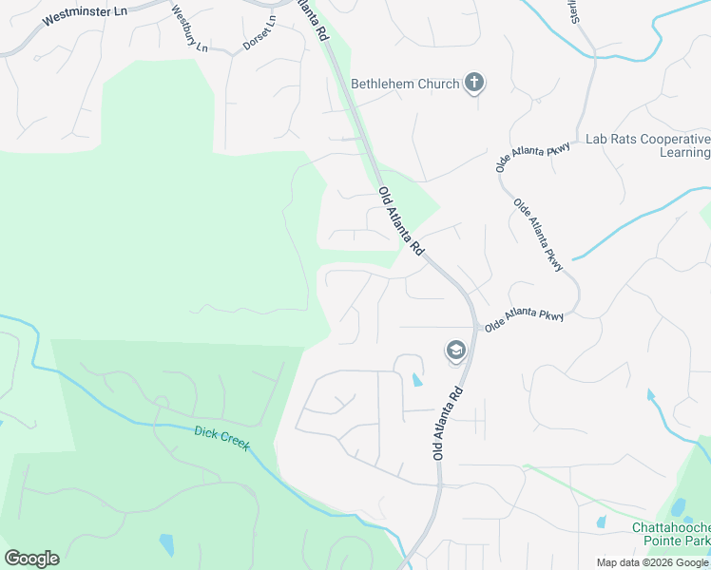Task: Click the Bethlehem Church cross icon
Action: tap(473, 84)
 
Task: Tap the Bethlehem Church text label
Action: tap(405, 85)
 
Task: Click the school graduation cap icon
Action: tap(456, 351)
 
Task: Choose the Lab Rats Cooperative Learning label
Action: tap(646, 145)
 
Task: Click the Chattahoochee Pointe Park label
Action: tap(670, 535)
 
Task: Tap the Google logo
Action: tap(31, 559)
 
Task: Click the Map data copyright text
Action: tap(652, 562)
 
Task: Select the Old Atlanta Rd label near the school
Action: tap(451, 424)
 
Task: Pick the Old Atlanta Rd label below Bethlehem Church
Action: tap(400, 221)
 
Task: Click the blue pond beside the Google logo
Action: tap(167, 544)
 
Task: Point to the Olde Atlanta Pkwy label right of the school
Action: tap(524, 319)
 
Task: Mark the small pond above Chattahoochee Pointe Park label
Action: tap(601, 522)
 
